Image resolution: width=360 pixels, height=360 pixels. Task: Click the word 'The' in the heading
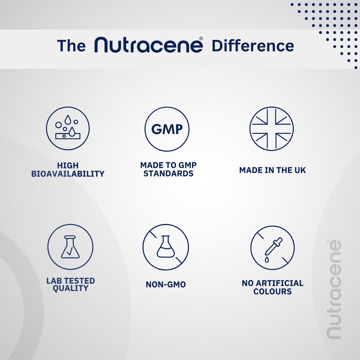pyautogui.click(x=71, y=46)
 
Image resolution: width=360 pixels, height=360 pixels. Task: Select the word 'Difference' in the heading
pyautogui.click(x=253, y=46)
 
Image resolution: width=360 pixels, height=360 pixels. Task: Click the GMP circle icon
pyautogui.click(x=167, y=129)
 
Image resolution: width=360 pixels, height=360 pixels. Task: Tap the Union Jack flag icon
pyautogui.click(x=272, y=129)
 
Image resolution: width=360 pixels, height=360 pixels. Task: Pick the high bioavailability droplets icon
pyautogui.click(x=68, y=128)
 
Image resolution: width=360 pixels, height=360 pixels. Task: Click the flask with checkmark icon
pyautogui.click(x=70, y=247)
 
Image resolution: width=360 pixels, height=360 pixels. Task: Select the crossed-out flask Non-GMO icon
pyautogui.click(x=166, y=247)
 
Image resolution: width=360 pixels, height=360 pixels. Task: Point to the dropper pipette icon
pyautogui.click(x=273, y=248)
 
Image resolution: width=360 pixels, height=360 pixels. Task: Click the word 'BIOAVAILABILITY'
pyautogui.click(x=68, y=174)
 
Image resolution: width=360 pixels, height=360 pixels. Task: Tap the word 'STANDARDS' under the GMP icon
pyautogui.click(x=168, y=173)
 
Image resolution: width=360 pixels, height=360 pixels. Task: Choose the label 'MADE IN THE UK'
pyautogui.click(x=273, y=170)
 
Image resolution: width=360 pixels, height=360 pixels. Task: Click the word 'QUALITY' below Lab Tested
pyautogui.click(x=70, y=288)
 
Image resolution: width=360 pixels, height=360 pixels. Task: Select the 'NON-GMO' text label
pyautogui.click(x=166, y=284)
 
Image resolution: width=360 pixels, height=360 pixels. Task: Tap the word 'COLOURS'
pyautogui.click(x=273, y=291)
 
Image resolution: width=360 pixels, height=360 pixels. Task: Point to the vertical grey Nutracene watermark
pyautogui.click(x=334, y=289)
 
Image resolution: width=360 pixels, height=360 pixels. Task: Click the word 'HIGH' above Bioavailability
pyautogui.click(x=68, y=165)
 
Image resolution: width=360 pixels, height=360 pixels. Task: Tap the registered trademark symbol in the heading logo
pyautogui.click(x=201, y=39)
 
